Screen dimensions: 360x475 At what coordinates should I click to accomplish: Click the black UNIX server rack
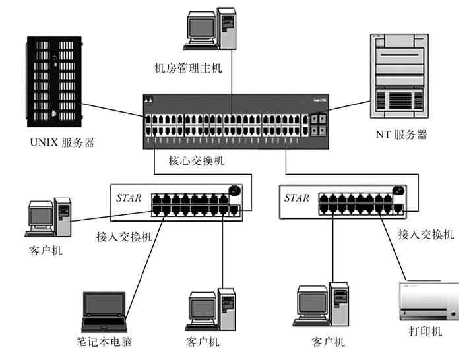[55, 82]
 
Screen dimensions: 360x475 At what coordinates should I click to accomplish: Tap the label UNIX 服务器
[62, 142]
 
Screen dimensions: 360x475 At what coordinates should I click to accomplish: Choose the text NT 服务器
[401, 135]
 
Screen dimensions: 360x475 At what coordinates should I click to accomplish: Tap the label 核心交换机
[197, 161]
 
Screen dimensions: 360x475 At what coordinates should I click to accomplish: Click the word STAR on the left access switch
[129, 198]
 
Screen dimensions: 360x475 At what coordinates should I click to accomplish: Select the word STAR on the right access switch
[296, 198]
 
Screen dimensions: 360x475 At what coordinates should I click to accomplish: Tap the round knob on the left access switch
[234, 191]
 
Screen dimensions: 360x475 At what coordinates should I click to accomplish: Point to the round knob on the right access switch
[397, 191]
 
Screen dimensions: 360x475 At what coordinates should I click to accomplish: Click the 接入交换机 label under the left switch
[125, 236]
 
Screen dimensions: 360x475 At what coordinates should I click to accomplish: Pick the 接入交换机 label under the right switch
[426, 234]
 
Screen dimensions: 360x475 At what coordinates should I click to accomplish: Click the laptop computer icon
[104, 311]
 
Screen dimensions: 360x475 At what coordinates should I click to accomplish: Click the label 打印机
[426, 331]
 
